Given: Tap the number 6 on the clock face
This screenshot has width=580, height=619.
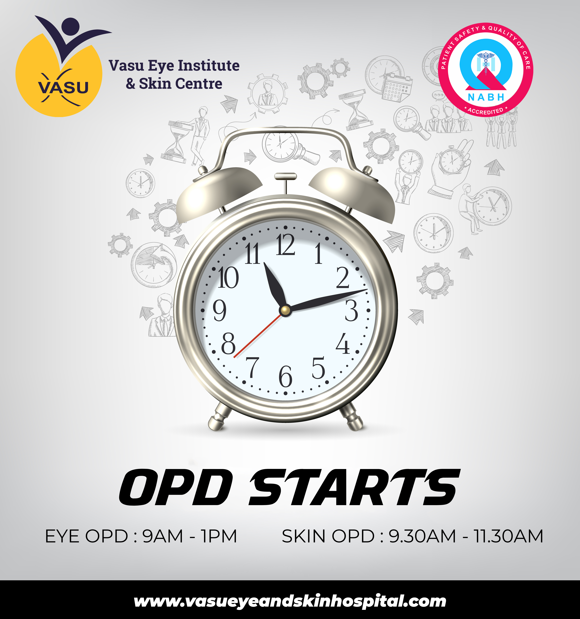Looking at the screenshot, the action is click(285, 376).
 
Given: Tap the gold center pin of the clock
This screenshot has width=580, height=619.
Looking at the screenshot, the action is click(285, 310).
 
